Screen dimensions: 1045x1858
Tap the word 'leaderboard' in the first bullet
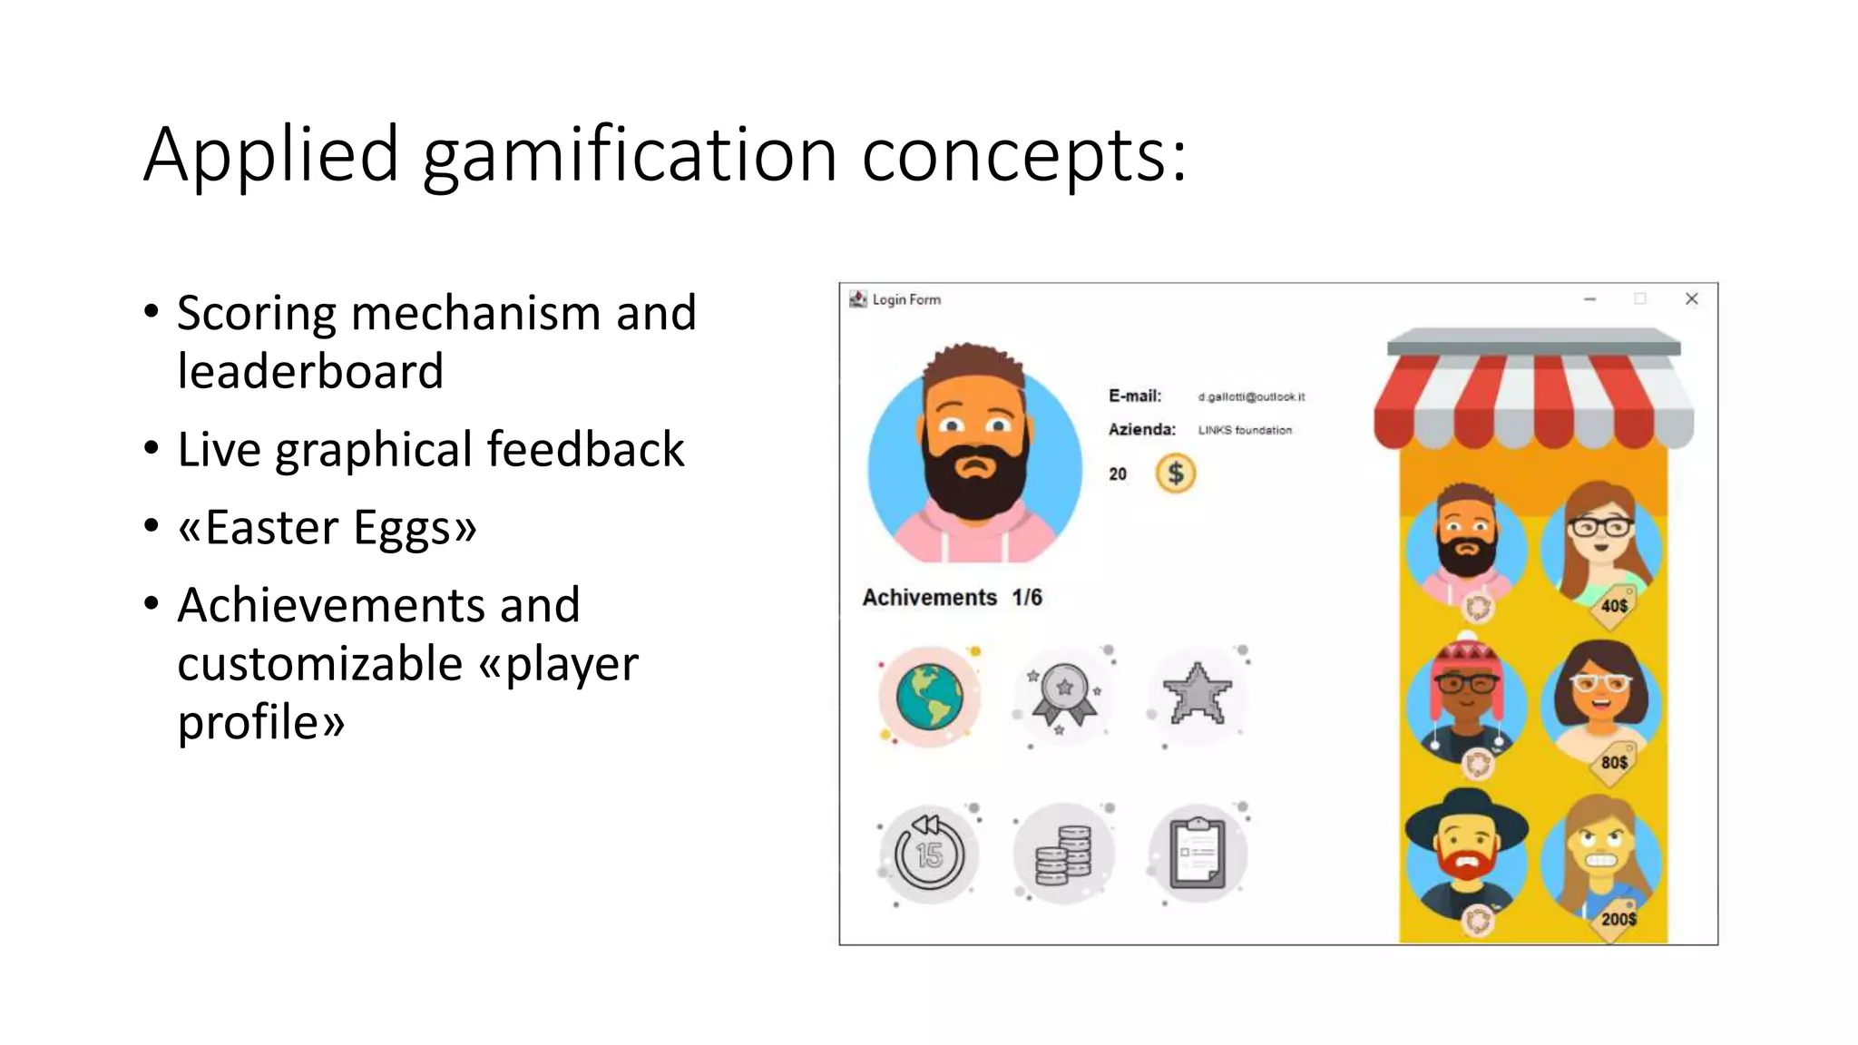click(x=310, y=371)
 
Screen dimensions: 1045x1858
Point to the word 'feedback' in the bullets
click(x=585, y=449)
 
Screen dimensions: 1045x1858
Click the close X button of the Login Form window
click(x=1691, y=299)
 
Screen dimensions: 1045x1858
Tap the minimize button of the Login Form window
click(x=1589, y=299)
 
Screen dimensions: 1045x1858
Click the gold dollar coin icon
click(x=1175, y=474)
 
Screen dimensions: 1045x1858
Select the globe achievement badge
click(x=929, y=697)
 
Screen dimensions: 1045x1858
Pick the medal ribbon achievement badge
click(x=1064, y=695)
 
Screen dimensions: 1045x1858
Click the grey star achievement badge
click(x=1198, y=695)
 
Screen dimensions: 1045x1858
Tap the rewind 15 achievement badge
click(x=929, y=854)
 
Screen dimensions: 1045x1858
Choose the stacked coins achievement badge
click(x=1064, y=854)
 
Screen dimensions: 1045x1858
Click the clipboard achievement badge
click(x=1198, y=854)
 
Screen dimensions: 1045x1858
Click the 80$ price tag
click(x=1613, y=763)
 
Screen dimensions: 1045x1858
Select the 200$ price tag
click(x=1618, y=919)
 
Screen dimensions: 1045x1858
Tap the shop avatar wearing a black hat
click(x=1466, y=853)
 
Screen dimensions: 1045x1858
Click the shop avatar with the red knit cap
click(x=1466, y=698)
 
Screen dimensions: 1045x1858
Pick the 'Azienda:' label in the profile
click(x=1141, y=429)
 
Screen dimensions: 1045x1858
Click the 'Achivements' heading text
click(x=929, y=598)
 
